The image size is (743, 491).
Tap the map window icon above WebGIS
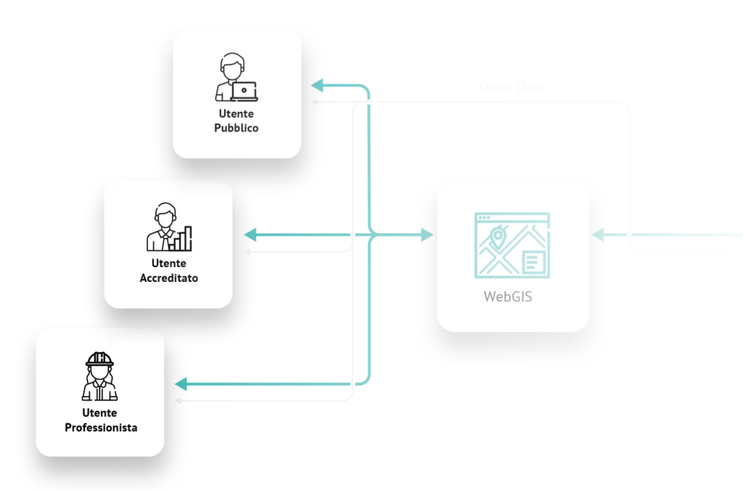[x=512, y=245]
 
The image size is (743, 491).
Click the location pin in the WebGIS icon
[x=498, y=236]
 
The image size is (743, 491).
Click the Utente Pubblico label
[x=237, y=121]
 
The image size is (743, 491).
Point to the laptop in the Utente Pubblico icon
[x=244, y=91]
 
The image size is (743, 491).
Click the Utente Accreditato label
[x=168, y=271]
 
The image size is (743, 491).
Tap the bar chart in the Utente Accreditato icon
[x=183, y=238]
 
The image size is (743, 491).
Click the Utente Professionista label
[x=100, y=421]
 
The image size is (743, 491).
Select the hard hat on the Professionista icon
[x=100, y=360]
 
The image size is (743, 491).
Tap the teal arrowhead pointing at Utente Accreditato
[x=251, y=235]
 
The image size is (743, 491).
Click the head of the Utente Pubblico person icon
[x=232, y=68]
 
